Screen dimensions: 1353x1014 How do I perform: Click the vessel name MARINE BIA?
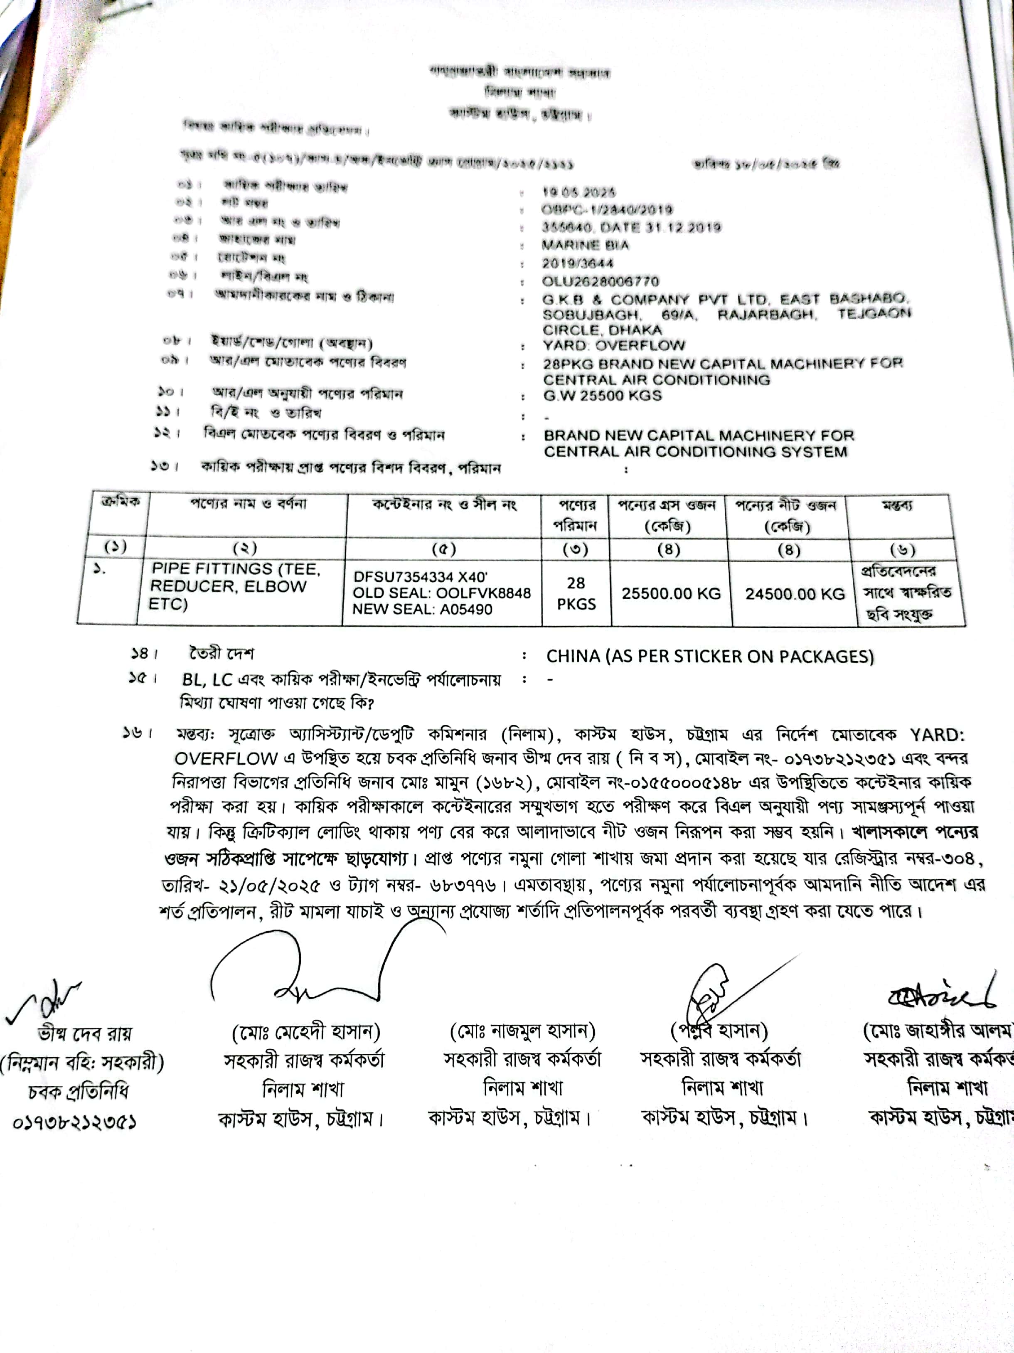click(x=585, y=245)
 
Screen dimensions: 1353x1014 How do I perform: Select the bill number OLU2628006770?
click(x=600, y=281)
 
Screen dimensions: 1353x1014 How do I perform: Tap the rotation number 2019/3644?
click(x=577, y=263)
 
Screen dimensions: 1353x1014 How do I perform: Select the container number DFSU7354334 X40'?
click(x=420, y=576)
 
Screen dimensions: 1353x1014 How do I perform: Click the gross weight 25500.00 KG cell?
click(x=671, y=593)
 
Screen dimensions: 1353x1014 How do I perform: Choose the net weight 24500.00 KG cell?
click(x=795, y=594)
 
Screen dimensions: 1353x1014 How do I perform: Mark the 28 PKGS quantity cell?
click(x=576, y=593)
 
